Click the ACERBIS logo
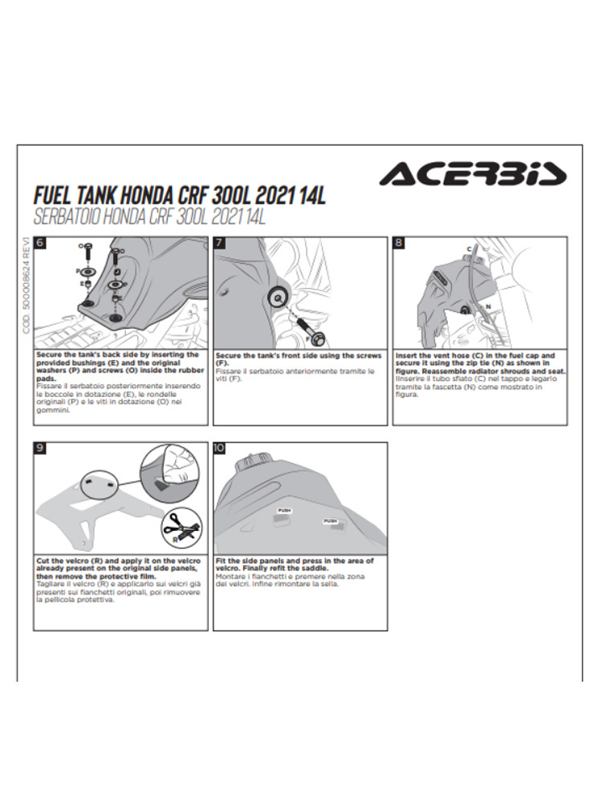(x=473, y=174)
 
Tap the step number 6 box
(x=40, y=243)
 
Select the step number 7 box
(x=220, y=243)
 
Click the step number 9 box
(x=40, y=448)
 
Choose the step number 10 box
(x=220, y=448)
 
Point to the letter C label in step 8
(x=469, y=249)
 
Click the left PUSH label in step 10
(x=284, y=510)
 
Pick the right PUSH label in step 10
(x=331, y=520)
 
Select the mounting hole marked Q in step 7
(x=278, y=297)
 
